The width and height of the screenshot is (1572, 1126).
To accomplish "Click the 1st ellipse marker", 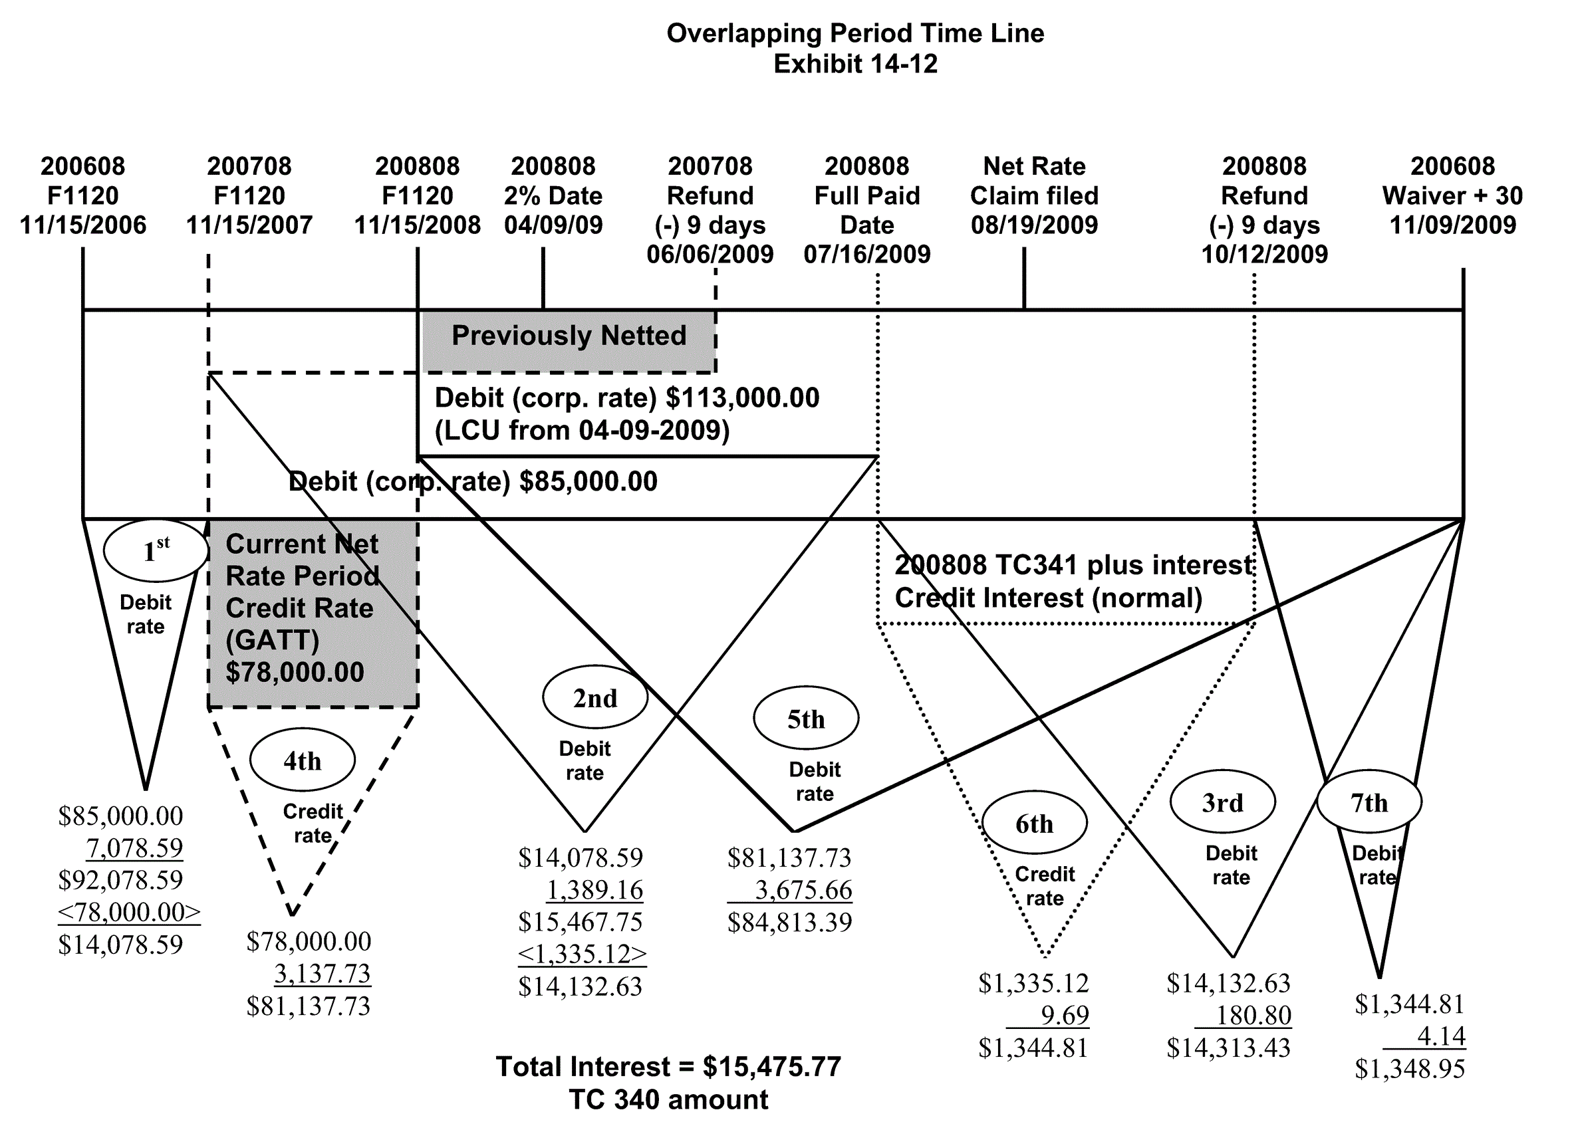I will pyautogui.click(x=156, y=551).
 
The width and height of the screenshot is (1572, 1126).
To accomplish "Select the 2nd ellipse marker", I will pyautogui.click(x=594, y=698).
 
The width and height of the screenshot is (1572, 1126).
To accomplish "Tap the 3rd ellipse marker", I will pyautogui.click(x=1222, y=802).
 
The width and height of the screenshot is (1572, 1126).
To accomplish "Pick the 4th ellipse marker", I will pyautogui.click(x=302, y=761).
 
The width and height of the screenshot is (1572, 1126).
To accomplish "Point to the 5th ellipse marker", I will pyautogui.click(x=805, y=719).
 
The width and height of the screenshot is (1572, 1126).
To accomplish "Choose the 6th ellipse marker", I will pyautogui.click(x=1034, y=823).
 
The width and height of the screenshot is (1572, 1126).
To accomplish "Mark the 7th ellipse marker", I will pyautogui.click(x=1369, y=802).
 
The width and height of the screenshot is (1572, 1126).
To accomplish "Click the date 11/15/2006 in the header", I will pyautogui.click(x=83, y=225).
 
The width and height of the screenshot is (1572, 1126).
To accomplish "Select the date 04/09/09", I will pyautogui.click(x=553, y=225).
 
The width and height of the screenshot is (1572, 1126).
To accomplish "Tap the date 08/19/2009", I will pyautogui.click(x=1034, y=225).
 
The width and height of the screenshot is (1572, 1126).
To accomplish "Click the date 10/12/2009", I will pyautogui.click(x=1264, y=255).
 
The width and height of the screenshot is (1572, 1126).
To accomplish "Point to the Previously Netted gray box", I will pyautogui.click(x=569, y=336).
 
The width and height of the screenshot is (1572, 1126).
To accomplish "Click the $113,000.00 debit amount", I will pyautogui.click(x=742, y=397).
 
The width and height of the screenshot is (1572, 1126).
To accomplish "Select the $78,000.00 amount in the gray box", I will pyautogui.click(x=295, y=672).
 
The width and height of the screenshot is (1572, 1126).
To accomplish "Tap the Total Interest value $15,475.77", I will pyautogui.click(x=771, y=1066).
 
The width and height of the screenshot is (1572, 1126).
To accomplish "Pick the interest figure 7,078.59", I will pyautogui.click(x=134, y=847).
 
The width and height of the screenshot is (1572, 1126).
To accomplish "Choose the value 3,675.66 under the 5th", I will pyautogui.click(x=803, y=890).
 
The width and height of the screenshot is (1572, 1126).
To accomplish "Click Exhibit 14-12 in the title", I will pyautogui.click(x=855, y=64).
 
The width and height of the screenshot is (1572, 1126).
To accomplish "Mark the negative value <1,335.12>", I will pyautogui.click(x=582, y=953).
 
